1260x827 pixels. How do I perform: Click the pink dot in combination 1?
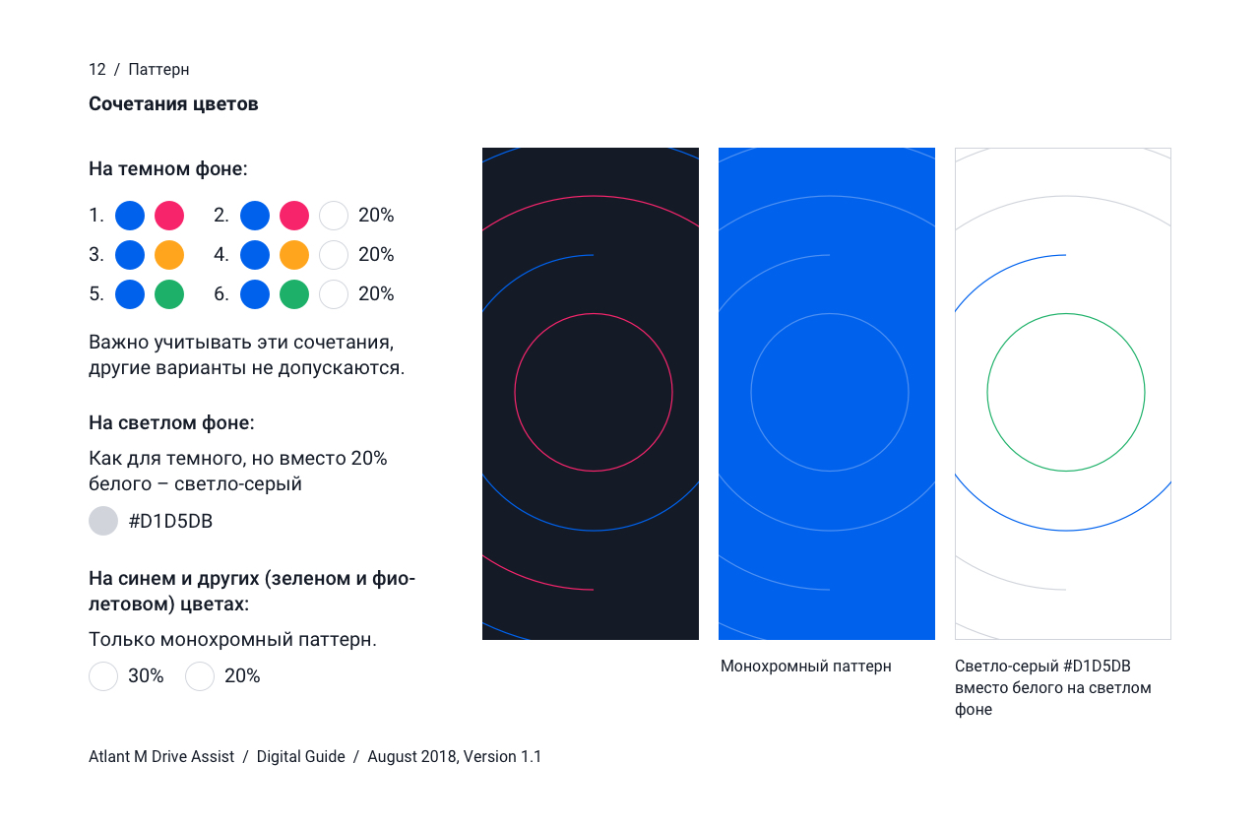tap(169, 216)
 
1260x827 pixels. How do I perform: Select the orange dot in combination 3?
tap(169, 255)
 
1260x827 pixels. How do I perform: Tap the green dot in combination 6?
tap(294, 294)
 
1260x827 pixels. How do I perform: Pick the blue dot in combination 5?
tap(130, 294)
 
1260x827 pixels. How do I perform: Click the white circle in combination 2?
tap(334, 216)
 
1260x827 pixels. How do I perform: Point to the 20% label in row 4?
tap(376, 255)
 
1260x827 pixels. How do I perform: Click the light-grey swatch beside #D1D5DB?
tap(103, 521)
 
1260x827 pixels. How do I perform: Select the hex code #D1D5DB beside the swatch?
tap(170, 522)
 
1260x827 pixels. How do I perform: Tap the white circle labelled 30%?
tap(103, 675)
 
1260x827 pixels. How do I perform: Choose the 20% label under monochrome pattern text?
tap(242, 675)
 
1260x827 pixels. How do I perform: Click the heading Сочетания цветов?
tap(173, 104)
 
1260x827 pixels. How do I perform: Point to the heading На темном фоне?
tap(168, 168)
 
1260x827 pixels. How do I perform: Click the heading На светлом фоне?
tap(171, 423)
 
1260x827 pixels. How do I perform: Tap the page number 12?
tap(97, 70)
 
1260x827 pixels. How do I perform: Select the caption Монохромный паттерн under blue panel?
tap(806, 667)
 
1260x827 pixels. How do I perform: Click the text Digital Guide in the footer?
tap(301, 757)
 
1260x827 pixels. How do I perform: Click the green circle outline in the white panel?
tap(987, 392)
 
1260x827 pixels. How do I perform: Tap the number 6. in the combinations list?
tap(221, 294)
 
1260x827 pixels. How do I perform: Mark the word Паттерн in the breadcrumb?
tap(158, 70)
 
